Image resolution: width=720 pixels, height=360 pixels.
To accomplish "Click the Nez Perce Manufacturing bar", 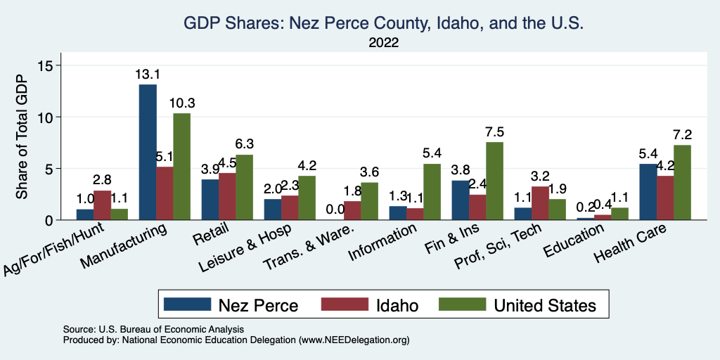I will [x=148, y=152].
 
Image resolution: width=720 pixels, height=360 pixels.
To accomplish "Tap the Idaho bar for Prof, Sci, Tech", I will [x=539, y=203].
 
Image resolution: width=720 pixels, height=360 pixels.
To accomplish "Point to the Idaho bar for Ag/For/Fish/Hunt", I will [x=102, y=205].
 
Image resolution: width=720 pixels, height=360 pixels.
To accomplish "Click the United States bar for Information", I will [x=432, y=191].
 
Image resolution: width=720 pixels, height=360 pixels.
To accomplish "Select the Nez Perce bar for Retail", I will [x=210, y=200].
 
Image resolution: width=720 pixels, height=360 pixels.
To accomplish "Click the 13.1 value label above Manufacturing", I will [x=148, y=74].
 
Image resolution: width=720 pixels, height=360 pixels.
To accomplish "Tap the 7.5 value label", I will [x=494, y=131].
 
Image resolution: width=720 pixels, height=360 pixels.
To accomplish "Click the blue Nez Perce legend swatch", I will [x=187, y=304].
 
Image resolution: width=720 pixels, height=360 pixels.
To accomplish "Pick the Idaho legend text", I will [x=397, y=305].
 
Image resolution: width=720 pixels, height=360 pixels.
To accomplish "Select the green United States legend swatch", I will [x=462, y=304].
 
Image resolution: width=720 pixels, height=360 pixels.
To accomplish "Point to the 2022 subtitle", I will [x=383, y=42].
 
